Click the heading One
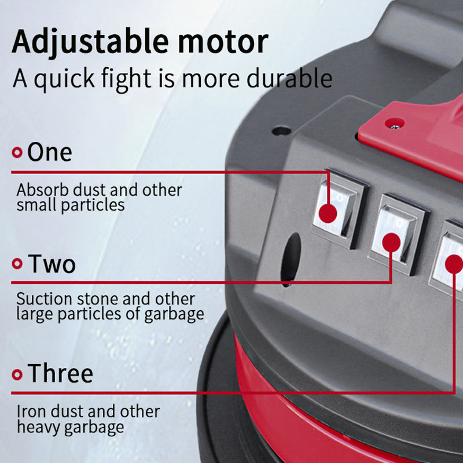pyautogui.click(x=50, y=152)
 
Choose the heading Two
pyautogui.click(x=52, y=264)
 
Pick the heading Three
pyautogui.click(x=60, y=373)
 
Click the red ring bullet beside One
pyautogui.click(x=17, y=153)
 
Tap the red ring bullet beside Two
pyautogui.click(x=17, y=264)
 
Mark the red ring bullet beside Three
pyautogui.click(x=17, y=374)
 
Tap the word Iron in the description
pyautogui.click(x=27, y=411)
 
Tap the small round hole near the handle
pyautogui.click(x=282, y=131)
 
